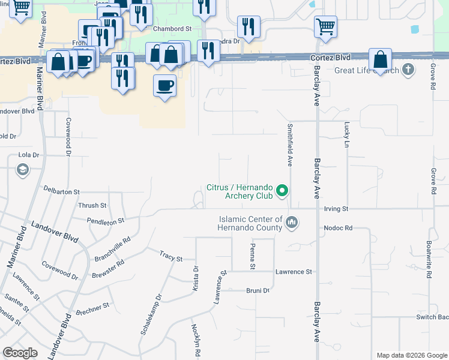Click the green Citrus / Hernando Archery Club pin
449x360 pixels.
[x=282, y=192]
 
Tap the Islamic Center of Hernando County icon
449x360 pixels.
[x=292, y=223]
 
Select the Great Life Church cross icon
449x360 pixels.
[x=408, y=70]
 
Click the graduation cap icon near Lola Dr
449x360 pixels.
[x=22, y=170]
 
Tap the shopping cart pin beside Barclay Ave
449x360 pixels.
[x=325, y=26]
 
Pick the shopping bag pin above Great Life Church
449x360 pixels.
[x=381, y=59]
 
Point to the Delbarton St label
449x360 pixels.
[x=62, y=191]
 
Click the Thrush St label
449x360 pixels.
[x=92, y=205]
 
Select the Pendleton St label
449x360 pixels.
[x=105, y=221]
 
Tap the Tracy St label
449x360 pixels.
[x=171, y=258]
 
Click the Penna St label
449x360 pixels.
[x=253, y=257]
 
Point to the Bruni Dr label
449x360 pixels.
[x=258, y=290]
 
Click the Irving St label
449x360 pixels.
[x=336, y=209]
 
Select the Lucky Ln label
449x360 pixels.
[x=346, y=135]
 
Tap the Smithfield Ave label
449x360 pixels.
[x=289, y=145]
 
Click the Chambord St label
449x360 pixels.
[x=172, y=28]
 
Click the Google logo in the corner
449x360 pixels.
[x=20, y=353]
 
